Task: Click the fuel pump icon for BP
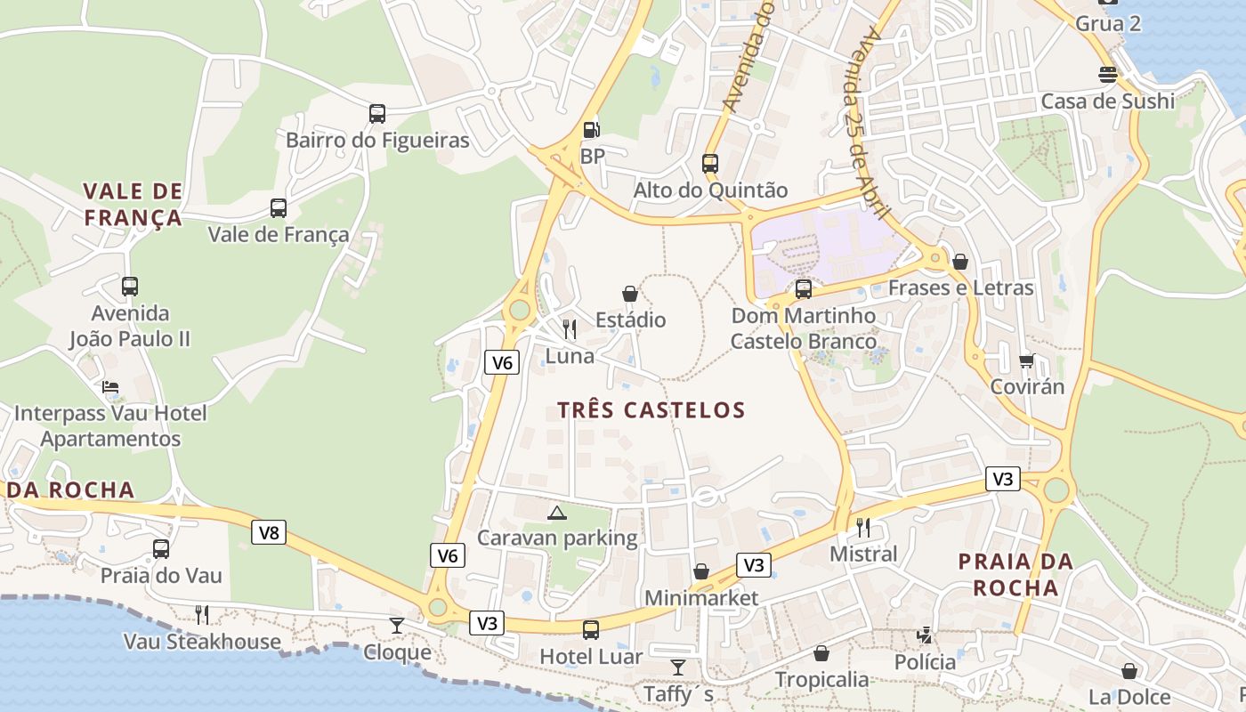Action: tap(591, 130)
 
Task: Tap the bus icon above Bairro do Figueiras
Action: tap(377, 114)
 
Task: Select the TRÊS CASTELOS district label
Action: tap(651, 410)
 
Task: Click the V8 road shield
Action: tap(269, 533)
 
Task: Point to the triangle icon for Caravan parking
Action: tap(557, 513)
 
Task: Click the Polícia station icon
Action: tap(926, 635)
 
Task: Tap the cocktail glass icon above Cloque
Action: tap(397, 626)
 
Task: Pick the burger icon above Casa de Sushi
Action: tap(1108, 74)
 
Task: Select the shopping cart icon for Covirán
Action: tap(1027, 360)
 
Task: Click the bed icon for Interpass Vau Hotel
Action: tap(110, 386)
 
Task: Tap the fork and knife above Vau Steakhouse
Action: tap(202, 614)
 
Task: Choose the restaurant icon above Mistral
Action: tap(862, 527)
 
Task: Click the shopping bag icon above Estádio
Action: tap(630, 294)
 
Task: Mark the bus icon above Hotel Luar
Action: tap(591, 630)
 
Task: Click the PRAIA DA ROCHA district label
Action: tap(1015, 574)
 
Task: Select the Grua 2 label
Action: tap(1108, 24)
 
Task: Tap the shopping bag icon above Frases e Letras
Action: tap(960, 262)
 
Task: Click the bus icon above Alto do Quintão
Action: tap(710, 164)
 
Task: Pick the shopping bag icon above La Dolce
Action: tap(1129, 671)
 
